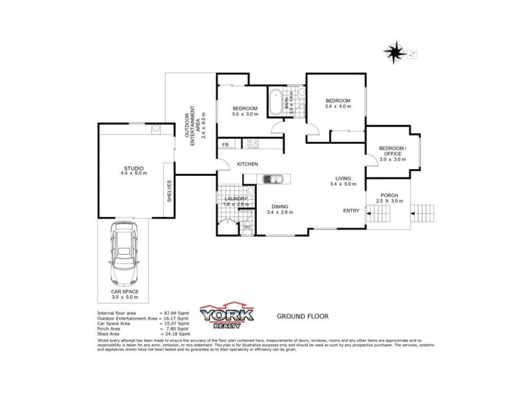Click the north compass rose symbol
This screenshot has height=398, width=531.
coord(396,50)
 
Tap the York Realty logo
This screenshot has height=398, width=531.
coord(228,317)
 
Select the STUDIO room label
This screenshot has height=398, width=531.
coord(133,168)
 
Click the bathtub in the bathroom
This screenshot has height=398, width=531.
coord(275,102)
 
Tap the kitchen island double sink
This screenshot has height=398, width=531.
coord(273,178)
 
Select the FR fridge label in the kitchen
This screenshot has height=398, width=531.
coord(226,145)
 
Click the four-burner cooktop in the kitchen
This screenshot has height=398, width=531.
coord(253,143)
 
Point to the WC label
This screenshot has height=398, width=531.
coord(247,227)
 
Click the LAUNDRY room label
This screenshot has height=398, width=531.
coord(236,198)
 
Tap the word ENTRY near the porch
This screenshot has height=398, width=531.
coord(351,210)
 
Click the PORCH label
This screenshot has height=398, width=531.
coord(389,195)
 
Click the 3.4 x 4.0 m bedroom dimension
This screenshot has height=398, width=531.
coord(338,106)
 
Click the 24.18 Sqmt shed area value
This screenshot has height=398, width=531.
coord(176,333)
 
